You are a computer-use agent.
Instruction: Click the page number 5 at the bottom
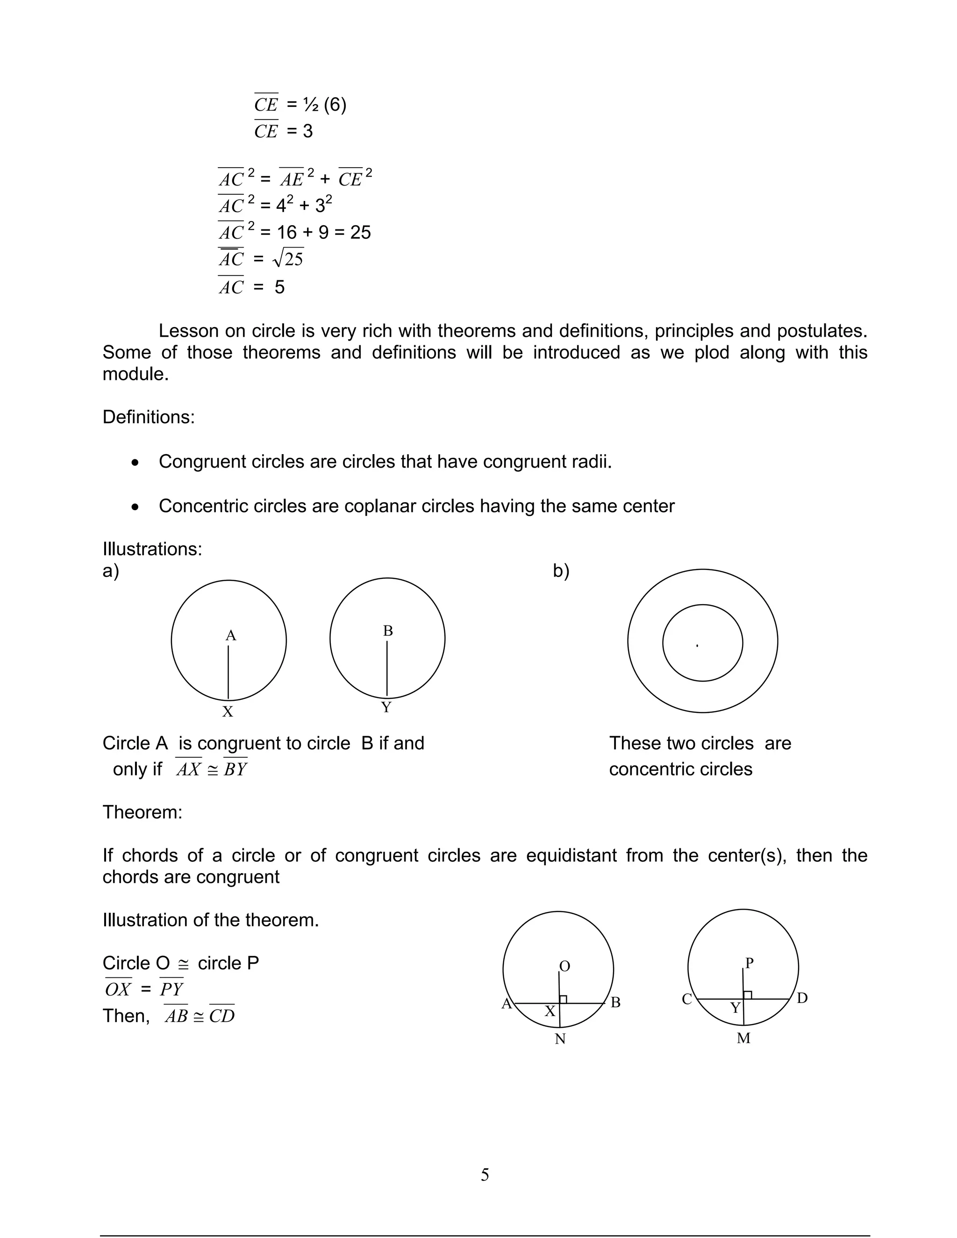(485, 1174)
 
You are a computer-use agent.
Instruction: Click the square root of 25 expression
(288, 258)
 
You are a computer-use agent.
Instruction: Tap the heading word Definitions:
(149, 417)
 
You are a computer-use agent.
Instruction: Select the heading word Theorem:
(143, 812)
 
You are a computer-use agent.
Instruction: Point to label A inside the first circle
(231, 635)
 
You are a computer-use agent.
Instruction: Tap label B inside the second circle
(388, 631)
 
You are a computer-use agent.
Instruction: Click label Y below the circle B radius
(386, 707)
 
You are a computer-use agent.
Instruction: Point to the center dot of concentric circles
(697, 646)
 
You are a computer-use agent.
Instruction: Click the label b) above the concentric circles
(561, 571)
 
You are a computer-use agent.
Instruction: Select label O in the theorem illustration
(564, 966)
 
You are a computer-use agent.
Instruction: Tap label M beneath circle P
(743, 1038)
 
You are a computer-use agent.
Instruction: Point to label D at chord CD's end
(802, 998)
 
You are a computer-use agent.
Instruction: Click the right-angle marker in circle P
(748, 995)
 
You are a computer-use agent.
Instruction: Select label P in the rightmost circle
(749, 962)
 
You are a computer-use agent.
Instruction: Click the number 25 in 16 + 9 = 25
(361, 232)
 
